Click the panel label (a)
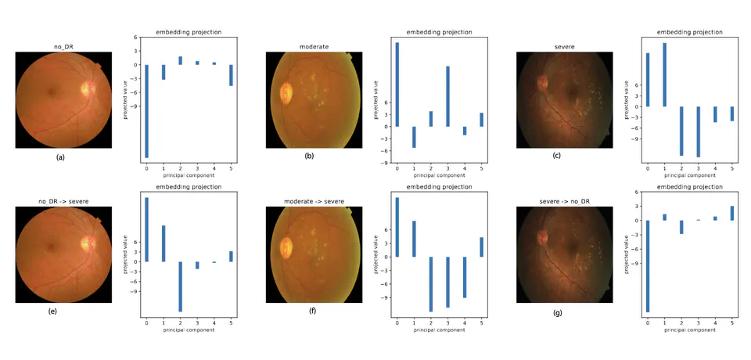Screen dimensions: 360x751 pos(61,157)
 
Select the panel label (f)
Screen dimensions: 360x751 pos(312,311)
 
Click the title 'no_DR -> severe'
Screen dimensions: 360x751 pos(63,201)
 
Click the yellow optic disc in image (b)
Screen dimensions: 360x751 pos(286,92)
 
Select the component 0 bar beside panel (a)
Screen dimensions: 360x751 pos(146,111)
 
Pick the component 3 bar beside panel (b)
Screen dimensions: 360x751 pos(447,96)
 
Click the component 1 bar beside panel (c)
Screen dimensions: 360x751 pos(664,74)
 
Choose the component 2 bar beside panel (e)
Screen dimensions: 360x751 pos(180,286)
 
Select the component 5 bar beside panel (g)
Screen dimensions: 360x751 pos(732,213)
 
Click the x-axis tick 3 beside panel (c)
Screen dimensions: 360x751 pos(698,168)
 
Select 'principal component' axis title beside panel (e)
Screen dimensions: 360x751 pos(189,330)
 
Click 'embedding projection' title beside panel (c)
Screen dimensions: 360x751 pos(689,32)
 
